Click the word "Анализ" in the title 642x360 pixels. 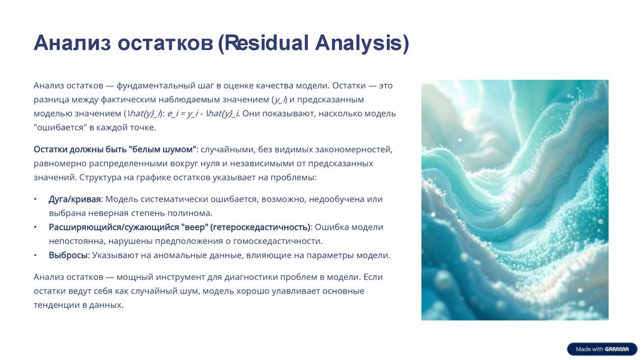72,43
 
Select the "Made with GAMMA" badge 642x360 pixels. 602,349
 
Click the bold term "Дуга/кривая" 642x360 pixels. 75,199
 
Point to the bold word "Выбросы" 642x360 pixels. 68,255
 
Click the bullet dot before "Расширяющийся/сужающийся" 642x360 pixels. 36,227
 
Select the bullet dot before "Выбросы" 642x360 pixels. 36,255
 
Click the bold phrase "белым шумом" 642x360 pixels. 162,150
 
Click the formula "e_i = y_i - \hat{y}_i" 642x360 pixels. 203,114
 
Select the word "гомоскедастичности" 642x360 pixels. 280,241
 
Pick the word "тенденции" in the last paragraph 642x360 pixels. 54,305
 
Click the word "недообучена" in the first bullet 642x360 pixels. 335,199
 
